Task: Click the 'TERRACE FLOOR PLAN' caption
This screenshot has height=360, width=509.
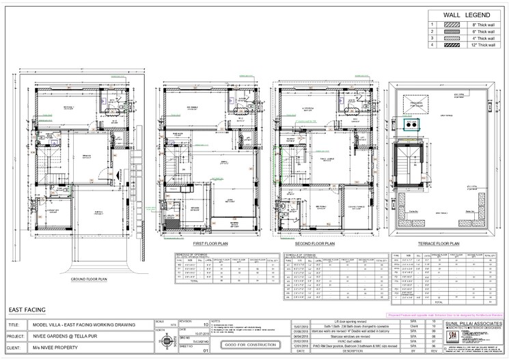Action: pos(439,243)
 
